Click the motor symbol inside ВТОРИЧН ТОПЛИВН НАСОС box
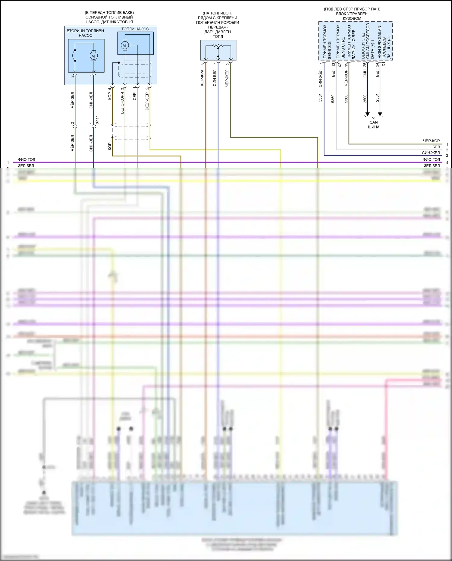[93, 56]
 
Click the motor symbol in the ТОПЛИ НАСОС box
[124, 46]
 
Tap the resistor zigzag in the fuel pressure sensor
[218, 46]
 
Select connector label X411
[97, 120]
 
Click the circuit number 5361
[320, 98]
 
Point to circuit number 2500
[365, 99]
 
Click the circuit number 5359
[333, 99]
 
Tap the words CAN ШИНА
[374, 124]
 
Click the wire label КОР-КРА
[202, 78]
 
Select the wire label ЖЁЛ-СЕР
[147, 101]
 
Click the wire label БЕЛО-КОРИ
[122, 103]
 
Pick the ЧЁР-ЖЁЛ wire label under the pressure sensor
[227, 78]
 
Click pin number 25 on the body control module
[365, 64]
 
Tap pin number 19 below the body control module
[346, 64]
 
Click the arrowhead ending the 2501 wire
[380, 115]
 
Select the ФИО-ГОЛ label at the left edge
[27, 159]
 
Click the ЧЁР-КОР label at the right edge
[431, 141]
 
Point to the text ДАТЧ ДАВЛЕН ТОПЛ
[218, 34]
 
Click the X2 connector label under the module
[340, 65]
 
